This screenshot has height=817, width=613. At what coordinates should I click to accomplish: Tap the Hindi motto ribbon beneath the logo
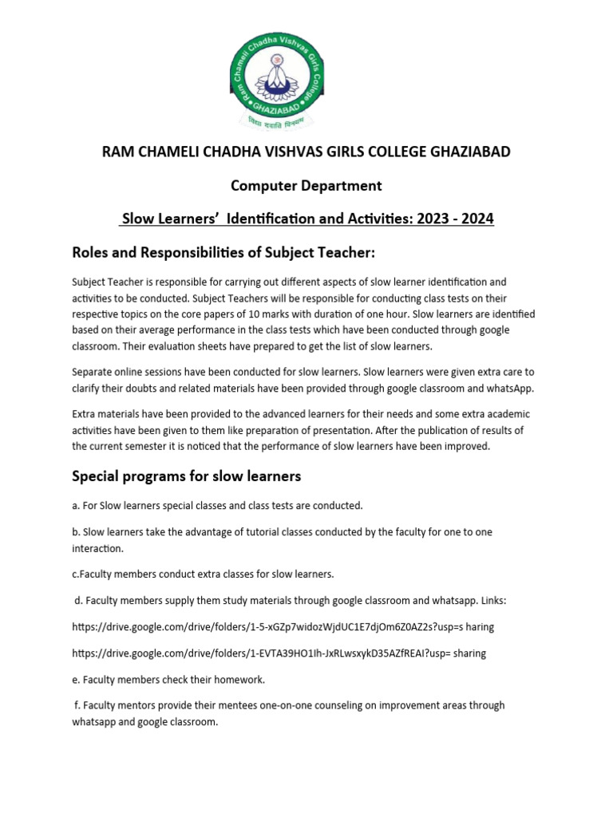point(307,124)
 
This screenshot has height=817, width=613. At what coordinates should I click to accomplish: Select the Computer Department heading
point(306,186)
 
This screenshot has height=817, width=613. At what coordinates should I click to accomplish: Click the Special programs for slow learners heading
point(186,476)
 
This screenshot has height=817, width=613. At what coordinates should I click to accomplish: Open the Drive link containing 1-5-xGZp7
point(283,627)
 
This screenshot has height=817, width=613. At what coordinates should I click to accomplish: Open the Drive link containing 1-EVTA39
point(278,653)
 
